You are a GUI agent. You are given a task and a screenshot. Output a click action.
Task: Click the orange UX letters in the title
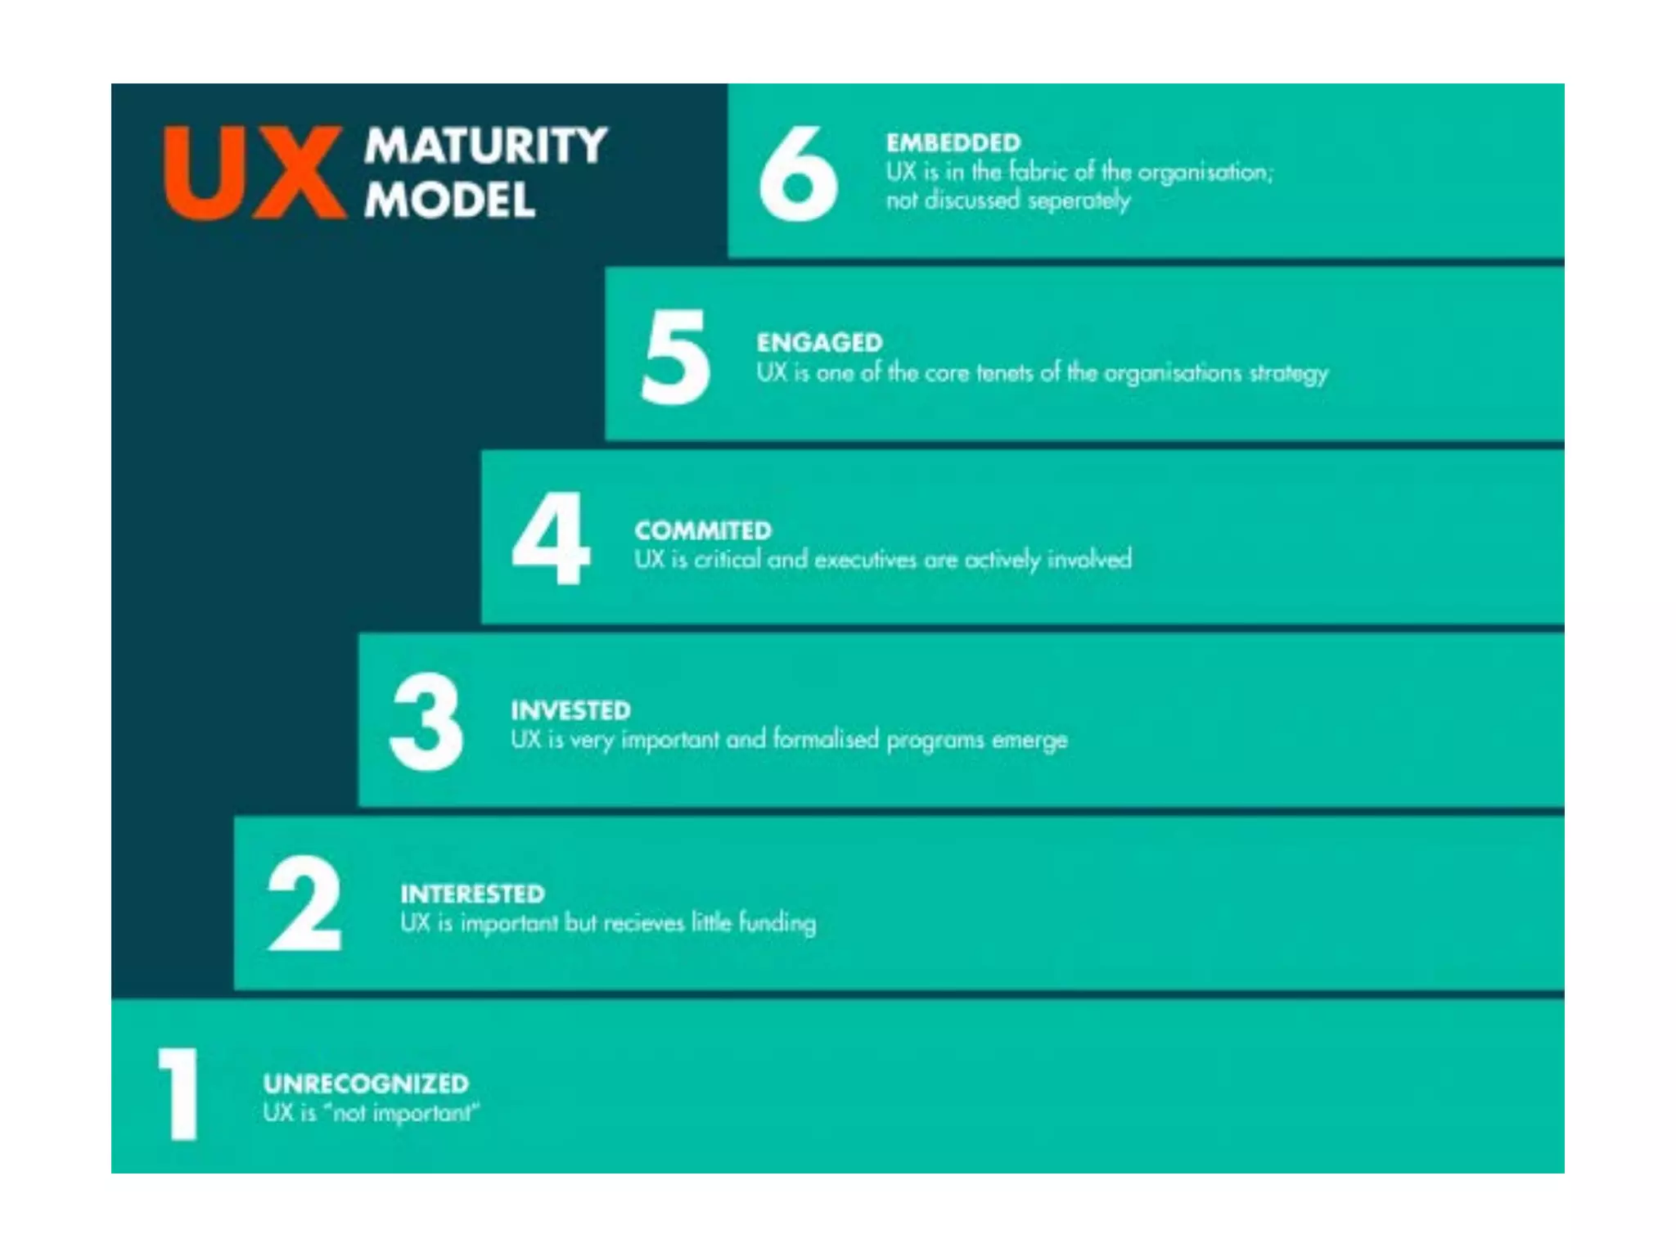pos(254,173)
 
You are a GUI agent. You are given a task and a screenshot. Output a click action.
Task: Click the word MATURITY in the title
pos(486,146)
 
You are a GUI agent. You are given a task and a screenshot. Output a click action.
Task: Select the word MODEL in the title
pos(450,200)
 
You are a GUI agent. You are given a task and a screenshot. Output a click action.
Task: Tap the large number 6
pos(798,173)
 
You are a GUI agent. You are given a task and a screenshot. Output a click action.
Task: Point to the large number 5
pos(675,358)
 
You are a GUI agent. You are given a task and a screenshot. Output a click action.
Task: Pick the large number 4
pos(551,539)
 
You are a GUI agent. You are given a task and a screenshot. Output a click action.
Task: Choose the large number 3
pos(426,722)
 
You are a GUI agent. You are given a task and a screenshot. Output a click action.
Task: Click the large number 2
pos(304,903)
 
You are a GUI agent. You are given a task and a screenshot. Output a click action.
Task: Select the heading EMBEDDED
pos(953,143)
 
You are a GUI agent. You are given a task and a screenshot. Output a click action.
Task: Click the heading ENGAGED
pos(819,342)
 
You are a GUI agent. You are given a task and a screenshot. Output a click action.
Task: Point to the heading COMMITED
pos(703,530)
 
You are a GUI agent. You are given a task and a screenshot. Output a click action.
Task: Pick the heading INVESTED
pos(570,710)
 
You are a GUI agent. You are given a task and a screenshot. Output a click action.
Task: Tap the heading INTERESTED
pos(472,894)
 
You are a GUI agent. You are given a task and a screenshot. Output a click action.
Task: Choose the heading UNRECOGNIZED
pos(366,1084)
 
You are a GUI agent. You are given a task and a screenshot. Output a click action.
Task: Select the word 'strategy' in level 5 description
pos(1288,374)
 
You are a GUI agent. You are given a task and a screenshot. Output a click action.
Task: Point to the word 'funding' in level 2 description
pos(777,923)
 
